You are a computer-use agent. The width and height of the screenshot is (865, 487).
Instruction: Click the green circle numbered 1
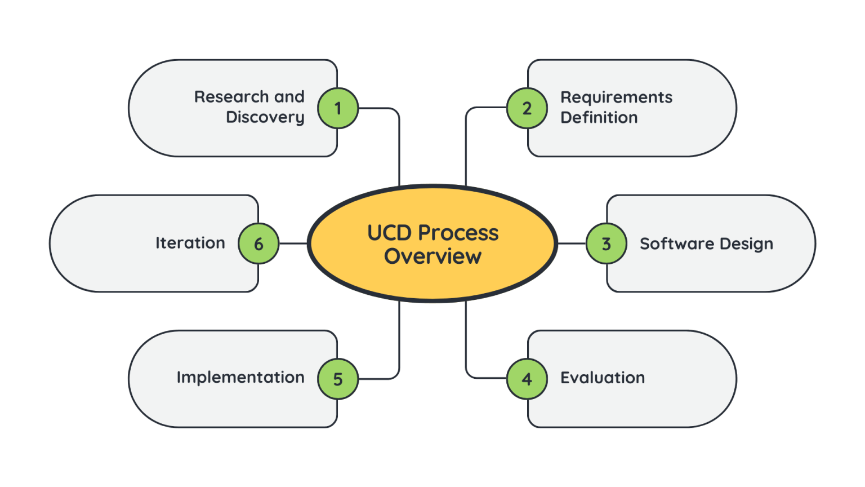(338, 108)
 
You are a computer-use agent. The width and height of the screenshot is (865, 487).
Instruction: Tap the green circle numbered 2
(527, 108)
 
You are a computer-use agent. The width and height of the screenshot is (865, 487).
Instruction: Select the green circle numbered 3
(607, 243)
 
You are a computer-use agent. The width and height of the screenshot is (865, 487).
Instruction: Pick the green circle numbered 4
(527, 379)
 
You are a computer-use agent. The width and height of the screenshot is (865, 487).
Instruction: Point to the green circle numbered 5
(338, 379)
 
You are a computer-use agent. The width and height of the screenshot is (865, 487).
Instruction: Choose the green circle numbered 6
(258, 243)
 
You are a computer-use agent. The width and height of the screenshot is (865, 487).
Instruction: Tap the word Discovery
(265, 117)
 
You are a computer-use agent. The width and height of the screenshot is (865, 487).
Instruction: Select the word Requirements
(616, 98)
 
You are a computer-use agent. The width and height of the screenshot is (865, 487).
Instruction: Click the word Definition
(599, 117)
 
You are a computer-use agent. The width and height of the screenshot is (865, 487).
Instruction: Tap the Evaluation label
(603, 378)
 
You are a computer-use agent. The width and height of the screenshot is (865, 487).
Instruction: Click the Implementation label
(240, 377)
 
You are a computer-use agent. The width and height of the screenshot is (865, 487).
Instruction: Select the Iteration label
(190, 243)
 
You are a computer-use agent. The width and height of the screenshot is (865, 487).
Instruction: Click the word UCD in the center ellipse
(390, 233)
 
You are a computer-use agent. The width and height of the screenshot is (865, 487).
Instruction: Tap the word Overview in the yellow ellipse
(432, 256)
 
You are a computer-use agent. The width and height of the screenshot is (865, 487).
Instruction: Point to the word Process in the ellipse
(458, 233)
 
